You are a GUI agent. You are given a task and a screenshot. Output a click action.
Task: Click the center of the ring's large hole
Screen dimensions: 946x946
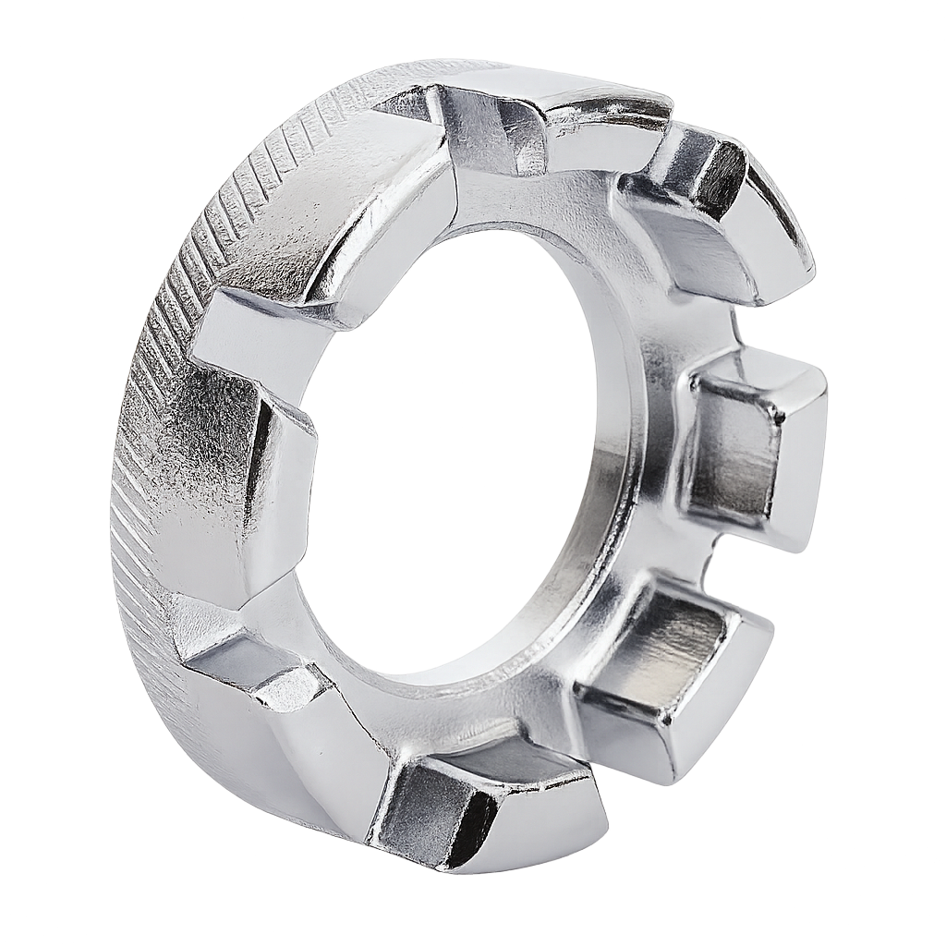coord(453,453)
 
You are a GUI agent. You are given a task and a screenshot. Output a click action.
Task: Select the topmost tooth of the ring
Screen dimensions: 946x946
coord(490,129)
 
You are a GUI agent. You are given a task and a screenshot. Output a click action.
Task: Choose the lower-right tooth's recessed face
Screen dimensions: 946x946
coord(656,647)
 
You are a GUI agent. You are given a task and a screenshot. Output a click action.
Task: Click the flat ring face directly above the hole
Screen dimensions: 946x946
coord(517,203)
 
